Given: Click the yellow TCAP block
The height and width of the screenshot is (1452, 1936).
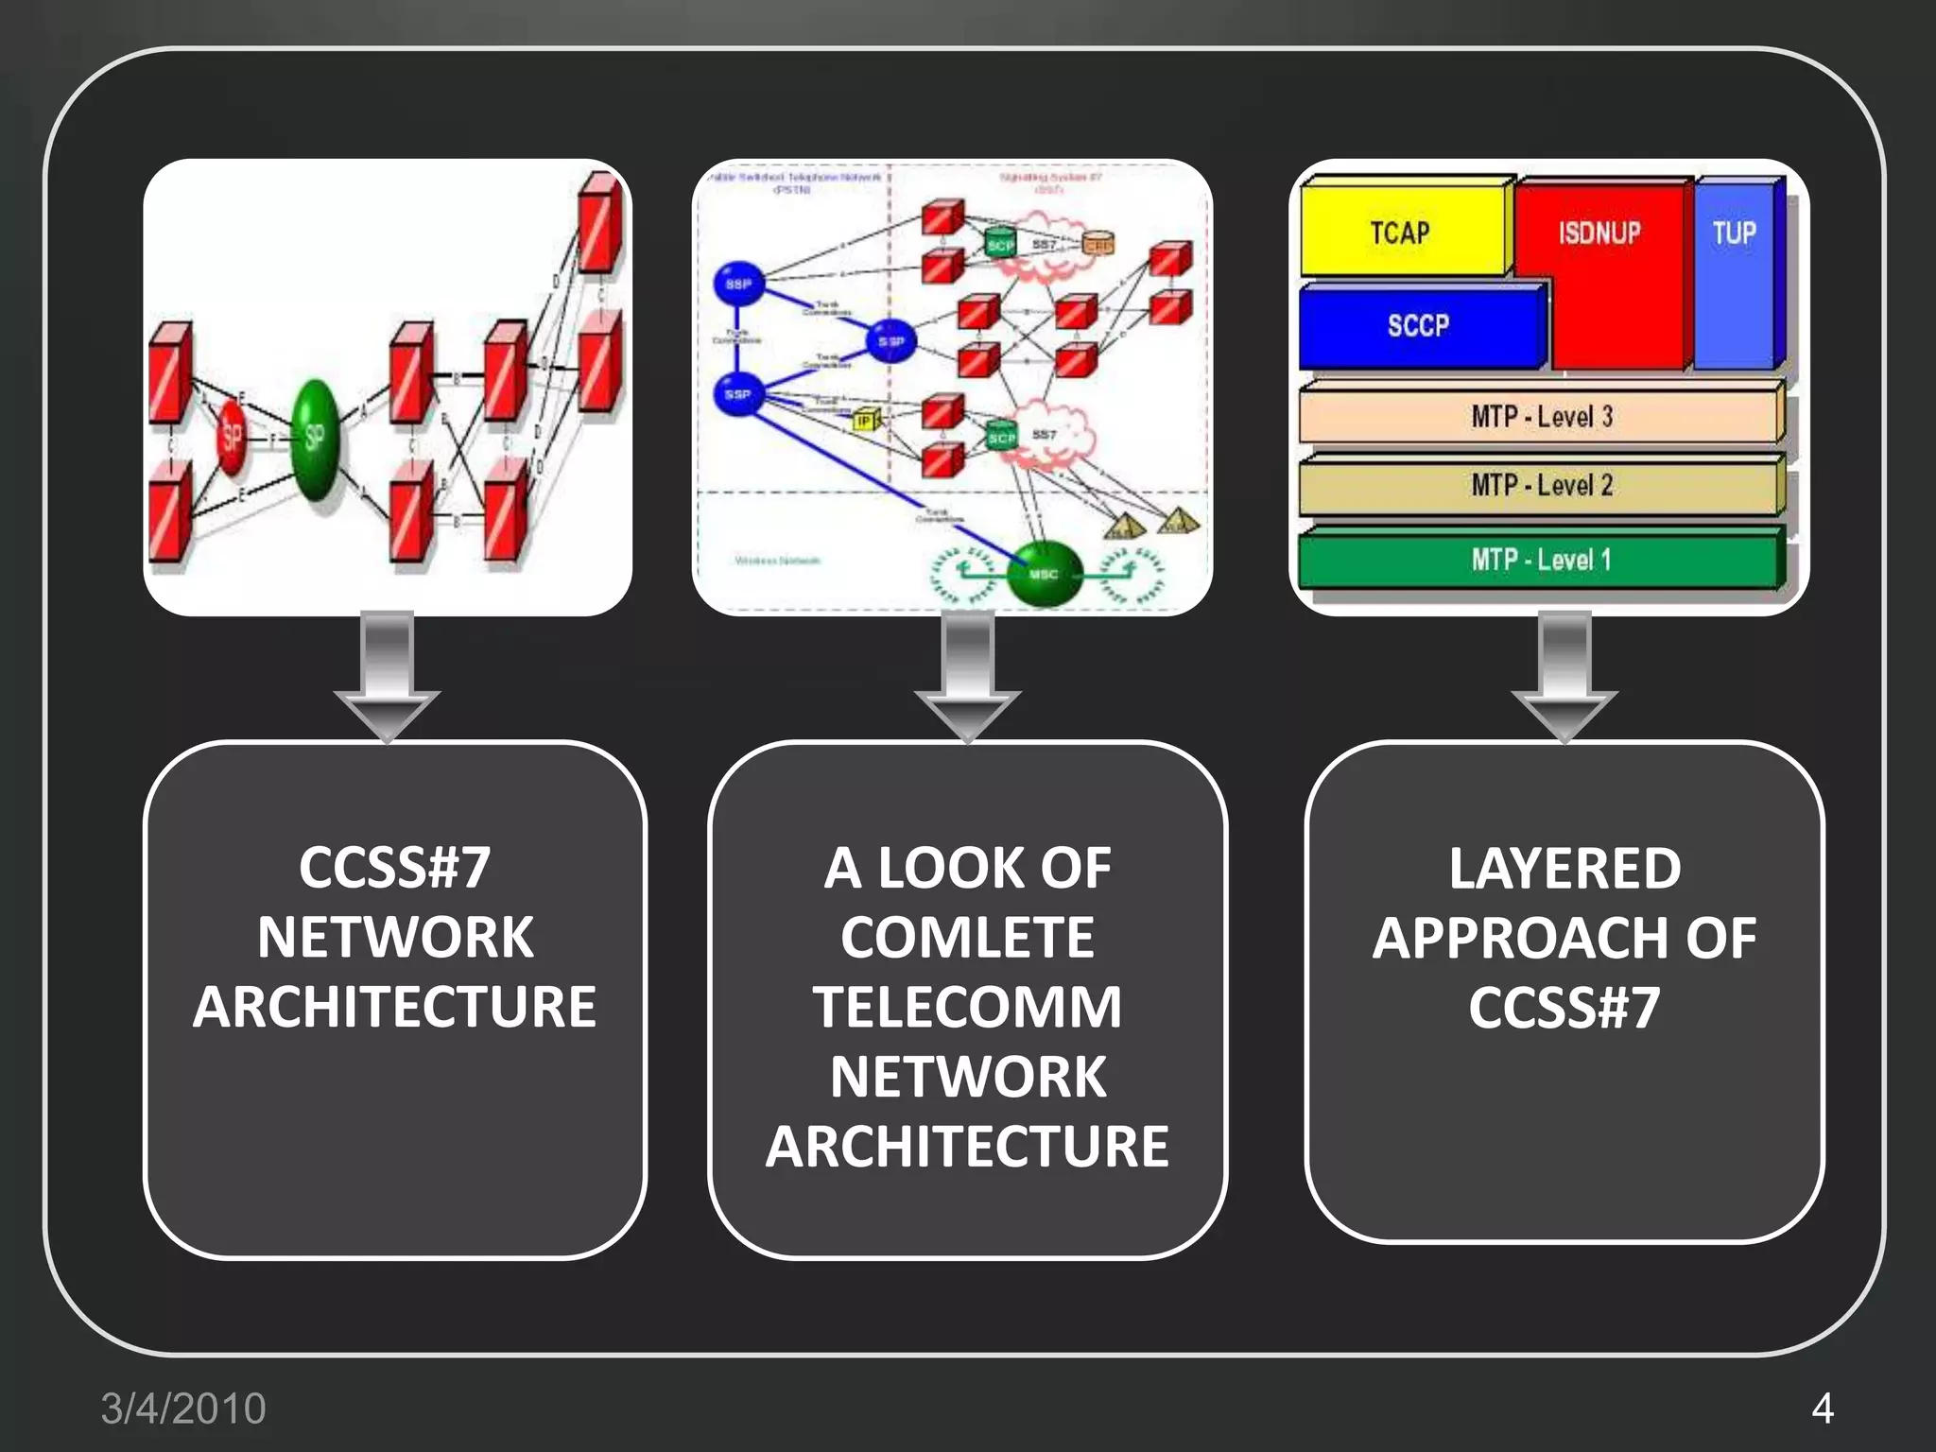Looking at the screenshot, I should (x=1401, y=232).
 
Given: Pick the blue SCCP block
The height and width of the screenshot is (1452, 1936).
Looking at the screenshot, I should (x=1418, y=326).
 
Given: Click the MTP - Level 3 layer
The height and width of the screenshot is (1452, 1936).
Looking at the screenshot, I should (x=1541, y=416).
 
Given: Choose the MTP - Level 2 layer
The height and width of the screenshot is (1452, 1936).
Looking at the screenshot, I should (x=1541, y=486).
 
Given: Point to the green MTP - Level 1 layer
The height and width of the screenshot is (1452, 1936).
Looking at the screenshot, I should (x=1541, y=560).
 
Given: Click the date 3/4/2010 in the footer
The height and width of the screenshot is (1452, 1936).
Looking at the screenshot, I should (x=183, y=1409).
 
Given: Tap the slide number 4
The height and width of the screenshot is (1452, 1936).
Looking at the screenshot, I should (x=1823, y=1409).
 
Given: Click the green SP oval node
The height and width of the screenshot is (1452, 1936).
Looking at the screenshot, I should (x=316, y=440).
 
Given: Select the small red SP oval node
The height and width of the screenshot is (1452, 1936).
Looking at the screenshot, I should (x=232, y=437).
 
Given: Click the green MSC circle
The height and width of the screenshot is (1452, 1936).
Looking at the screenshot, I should (x=1044, y=574).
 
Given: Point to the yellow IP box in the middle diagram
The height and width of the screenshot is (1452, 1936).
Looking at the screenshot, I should (x=865, y=421).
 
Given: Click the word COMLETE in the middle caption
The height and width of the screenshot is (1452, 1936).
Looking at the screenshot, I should (x=967, y=938).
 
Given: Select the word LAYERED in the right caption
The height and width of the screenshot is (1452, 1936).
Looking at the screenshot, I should (x=1564, y=869).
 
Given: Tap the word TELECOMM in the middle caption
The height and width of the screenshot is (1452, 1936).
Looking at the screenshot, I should (x=967, y=1007).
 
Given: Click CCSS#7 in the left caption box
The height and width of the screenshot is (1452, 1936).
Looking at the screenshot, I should (x=395, y=869).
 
